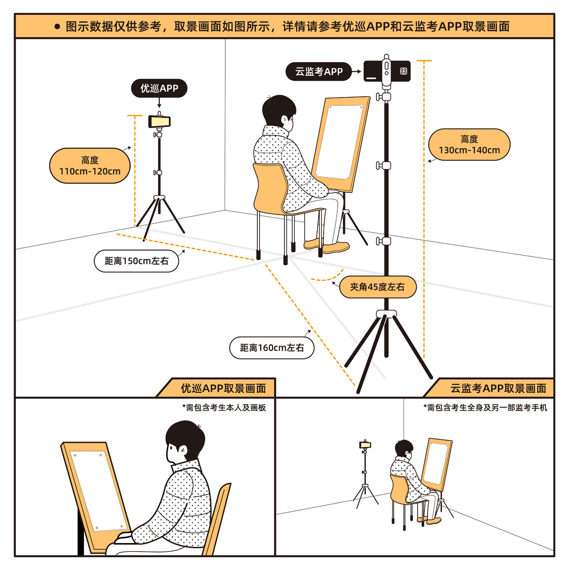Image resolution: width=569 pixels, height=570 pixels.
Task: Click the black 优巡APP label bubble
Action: pyautogui.click(x=159, y=88)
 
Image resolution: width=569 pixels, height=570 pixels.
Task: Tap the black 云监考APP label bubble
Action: pyautogui.click(x=318, y=71)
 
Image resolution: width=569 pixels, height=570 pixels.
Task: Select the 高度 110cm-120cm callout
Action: pyautogui.click(x=90, y=166)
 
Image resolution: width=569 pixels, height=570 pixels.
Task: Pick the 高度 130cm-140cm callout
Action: pyautogui.click(x=469, y=144)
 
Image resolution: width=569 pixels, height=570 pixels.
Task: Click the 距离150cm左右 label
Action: pyautogui.click(x=136, y=260)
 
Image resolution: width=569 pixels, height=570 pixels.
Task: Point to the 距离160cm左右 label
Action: pyautogui.click(x=272, y=348)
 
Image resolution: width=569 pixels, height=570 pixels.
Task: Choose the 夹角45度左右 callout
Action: pyautogui.click(x=378, y=287)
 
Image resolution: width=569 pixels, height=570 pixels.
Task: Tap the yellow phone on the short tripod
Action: pyautogui.click(x=159, y=121)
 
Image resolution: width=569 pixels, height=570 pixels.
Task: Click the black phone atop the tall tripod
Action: pyautogui.click(x=387, y=71)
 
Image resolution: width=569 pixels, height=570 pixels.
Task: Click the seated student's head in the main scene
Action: pyautogui.click(x=278, y=113)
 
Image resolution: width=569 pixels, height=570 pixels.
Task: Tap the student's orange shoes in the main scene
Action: pyautogui.click(x=327, y=246)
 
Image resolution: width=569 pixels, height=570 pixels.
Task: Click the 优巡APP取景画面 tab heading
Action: pyautogui.click(x=223, y=389)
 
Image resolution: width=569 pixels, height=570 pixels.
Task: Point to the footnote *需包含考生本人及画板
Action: pyautogui.click(x=224, y=408)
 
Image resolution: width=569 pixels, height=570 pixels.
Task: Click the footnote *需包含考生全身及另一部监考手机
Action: pyautogui.click(x=485, y=408)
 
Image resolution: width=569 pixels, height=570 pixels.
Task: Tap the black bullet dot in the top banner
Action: pyautogui.click(x=57, y=26)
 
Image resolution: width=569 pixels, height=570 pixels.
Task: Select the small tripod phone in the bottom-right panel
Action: pyautogui.click(x=365, y=444)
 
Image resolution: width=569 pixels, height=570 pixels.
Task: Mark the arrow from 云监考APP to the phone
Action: pyautogui.click(x=357, y=71)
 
